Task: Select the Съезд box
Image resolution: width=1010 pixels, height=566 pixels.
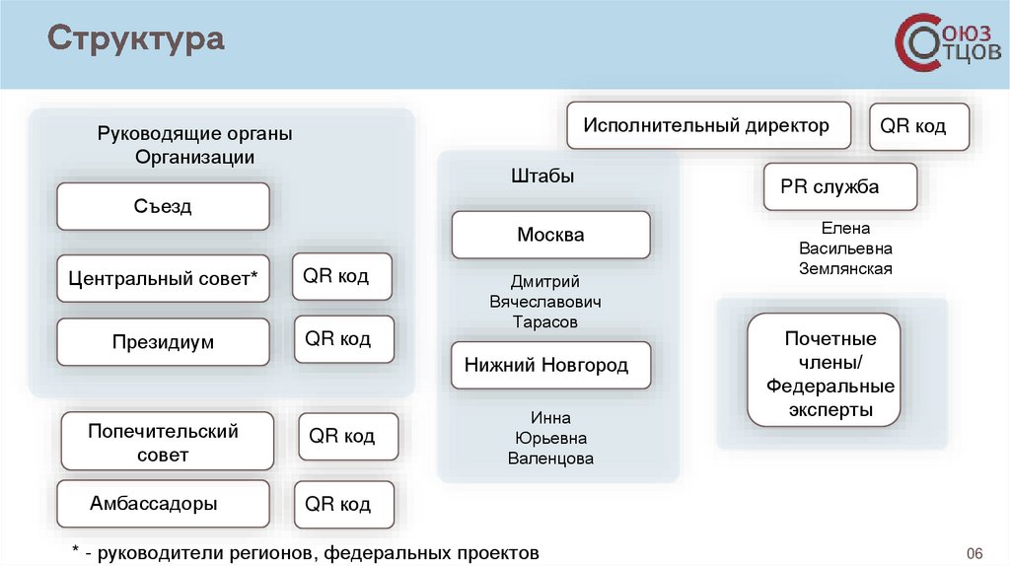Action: click(164, 207)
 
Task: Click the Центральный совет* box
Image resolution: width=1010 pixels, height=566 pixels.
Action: click(164, 279)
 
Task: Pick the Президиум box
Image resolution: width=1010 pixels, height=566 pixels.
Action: click(164, 342)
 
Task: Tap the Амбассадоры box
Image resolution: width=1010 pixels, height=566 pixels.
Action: click(164, 504)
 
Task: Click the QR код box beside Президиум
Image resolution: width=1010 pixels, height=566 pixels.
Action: click(343, 339)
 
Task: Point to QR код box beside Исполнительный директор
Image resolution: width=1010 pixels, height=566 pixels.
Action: click(919, 126)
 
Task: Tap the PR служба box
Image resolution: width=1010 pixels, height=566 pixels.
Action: click(840, 186)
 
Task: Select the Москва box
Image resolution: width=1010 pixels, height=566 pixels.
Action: click(550, 235)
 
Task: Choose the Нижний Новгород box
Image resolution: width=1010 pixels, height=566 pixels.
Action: click(551, 366)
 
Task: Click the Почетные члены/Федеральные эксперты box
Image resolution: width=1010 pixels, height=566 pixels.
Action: click(824, 374)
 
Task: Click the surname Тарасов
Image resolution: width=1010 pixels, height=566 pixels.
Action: click(544, 322)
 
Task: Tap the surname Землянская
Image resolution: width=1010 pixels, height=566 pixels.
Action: click(845, 268)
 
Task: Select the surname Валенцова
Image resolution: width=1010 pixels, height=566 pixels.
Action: click(550, 459)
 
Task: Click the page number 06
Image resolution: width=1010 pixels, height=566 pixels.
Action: click(976, 552)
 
